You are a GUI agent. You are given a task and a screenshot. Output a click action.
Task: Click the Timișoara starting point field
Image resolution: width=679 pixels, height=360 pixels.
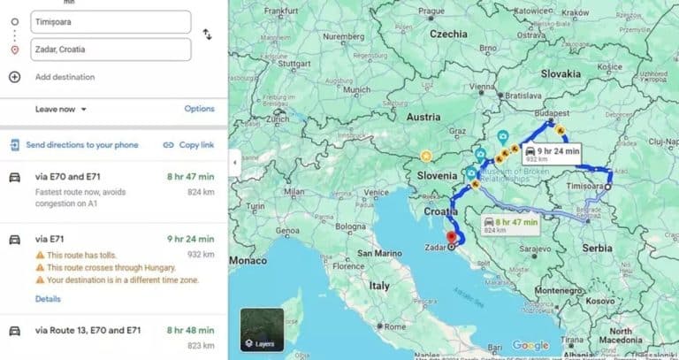pos(110,21)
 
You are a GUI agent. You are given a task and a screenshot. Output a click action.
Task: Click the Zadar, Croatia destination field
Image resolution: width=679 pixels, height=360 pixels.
pos(110,49)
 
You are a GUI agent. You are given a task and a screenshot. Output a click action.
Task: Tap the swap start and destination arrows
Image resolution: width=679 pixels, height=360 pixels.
pos(207,34)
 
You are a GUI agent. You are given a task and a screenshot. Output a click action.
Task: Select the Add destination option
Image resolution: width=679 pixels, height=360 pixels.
pos(64,77)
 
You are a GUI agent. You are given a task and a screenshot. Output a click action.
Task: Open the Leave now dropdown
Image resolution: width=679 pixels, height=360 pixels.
pos(61,109)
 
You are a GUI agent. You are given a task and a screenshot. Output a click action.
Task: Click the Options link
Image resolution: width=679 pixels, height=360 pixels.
pos(199,109)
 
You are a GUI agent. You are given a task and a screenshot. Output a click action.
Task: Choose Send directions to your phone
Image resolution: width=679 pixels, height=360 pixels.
pos(81,145)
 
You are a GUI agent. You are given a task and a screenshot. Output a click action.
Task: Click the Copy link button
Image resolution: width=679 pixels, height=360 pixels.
pos(188,145)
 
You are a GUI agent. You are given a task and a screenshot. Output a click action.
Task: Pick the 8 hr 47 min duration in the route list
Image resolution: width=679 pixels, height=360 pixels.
pos(190,177)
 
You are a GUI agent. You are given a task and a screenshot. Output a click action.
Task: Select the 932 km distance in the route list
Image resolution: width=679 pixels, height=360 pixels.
pos(201,254)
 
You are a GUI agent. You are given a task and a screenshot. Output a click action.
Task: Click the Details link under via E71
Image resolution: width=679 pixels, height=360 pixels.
pos(48,299)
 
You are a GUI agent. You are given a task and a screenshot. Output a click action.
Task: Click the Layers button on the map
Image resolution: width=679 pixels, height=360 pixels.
pos(262,330)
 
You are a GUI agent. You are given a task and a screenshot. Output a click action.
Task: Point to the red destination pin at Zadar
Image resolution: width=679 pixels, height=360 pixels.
pos(454,235)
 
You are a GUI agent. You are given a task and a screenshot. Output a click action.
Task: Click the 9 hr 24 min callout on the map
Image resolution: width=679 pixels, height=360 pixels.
pos(551,151)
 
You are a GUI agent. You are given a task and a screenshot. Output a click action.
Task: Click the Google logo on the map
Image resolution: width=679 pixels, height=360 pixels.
pos(530,346)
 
